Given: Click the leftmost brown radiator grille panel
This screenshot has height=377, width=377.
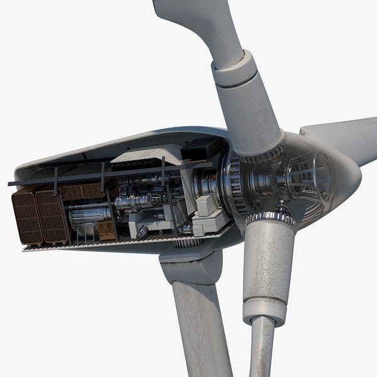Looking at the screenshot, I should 26,217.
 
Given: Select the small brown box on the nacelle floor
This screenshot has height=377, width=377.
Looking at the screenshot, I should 105,231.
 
